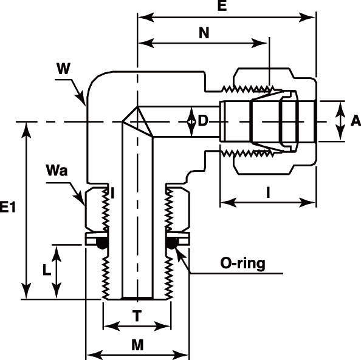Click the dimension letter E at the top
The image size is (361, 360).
click(222, 5)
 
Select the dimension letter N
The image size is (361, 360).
click(204, 33)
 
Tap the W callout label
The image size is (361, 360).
click(63, 69)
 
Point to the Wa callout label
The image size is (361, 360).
click(57, 171)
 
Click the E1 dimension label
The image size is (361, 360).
click(8, 207)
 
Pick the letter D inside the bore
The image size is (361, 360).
click(203, 121)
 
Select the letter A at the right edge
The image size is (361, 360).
click(356, 121)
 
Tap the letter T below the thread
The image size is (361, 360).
click(137, 316)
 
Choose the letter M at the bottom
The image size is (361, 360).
click(137, 345)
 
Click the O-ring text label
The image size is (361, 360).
click(242, 263)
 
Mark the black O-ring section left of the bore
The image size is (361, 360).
click(102, 242)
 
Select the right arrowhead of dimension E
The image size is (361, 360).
click(307, 18)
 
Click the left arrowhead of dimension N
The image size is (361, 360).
click(146, 43)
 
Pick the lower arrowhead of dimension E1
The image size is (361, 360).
click(26, 291)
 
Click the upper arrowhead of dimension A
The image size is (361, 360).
click(340, 110)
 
